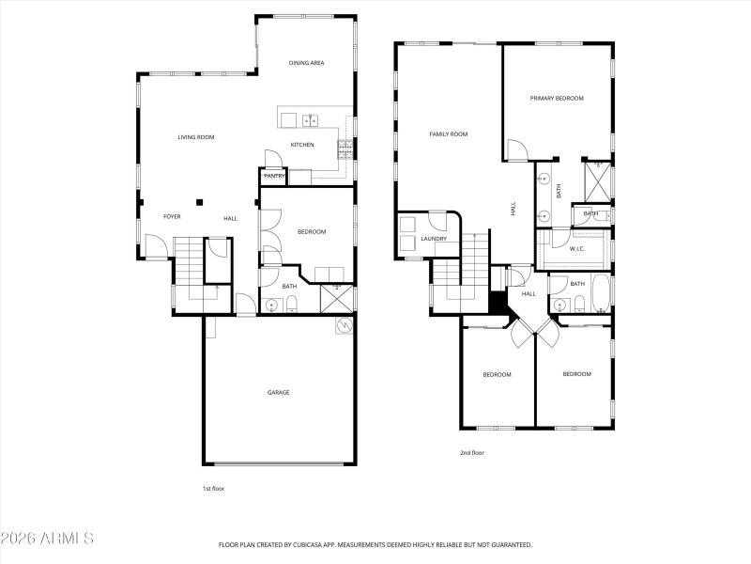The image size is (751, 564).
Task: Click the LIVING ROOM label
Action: pyautogui.click(x=196, y=137)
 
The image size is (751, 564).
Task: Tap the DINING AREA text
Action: pyautogui.click(x=306, y=63)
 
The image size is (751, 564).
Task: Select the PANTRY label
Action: pyautogui.click(x=274, y=176)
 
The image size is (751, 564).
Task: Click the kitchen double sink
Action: pyautogui.click(x=310, y=119)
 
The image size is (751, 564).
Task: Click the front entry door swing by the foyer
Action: pyautogui.click(x=155, y=246)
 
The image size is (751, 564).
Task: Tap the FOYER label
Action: pyautogui.click(x=172, y=217)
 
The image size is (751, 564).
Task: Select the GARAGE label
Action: pyautogui.click(x=279, y=392)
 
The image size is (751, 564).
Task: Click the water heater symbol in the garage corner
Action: pyautogui.click(x=345, y=325)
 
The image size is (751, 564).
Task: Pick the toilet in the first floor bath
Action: pyautogui.click(x=292, y=303)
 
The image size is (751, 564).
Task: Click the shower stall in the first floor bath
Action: pyautogui.click(x=336, y=297)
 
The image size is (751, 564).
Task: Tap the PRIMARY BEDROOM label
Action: pyautogui.click(x=557, y=98)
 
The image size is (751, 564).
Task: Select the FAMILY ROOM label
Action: pyautogui.click(x=448, y=134)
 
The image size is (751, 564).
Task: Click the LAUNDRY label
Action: pyautogui.click(x=433, y=239)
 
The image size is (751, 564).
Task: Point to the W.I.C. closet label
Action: pyautogui.click(x=576, y=249)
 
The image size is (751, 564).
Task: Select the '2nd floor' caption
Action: pyautogui.click(x=472, y=453)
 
